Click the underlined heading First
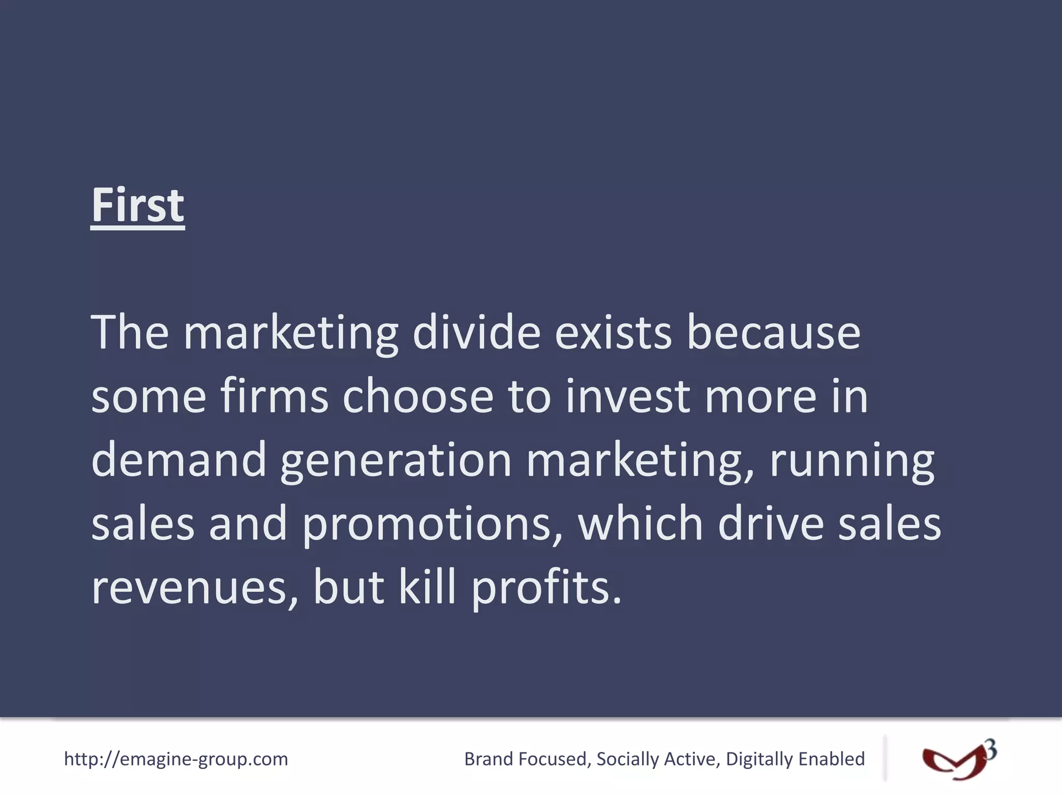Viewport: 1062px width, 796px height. pyautogui.click(x=137, y=206)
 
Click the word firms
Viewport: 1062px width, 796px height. pyautogui.click(x=274, y=396)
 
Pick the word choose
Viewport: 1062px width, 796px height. pyautogui.click(x=417, y=396)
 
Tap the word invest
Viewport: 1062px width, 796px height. pyautogui.click(x=628, y=396)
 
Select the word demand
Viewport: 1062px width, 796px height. pyautogui.click(x=179, y=460)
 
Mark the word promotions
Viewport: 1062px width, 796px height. pyautogui.click(x=432, y=524)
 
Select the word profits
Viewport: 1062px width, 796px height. pyautogui.click(x=546, y=588)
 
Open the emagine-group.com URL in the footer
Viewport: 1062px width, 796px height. pyautogui.click(x=176, y=759)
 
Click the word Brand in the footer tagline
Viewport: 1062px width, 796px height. pyautogui.click(x=487, y=759)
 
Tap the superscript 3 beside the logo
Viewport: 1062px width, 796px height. pyautogui.click(x=990, y=749)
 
